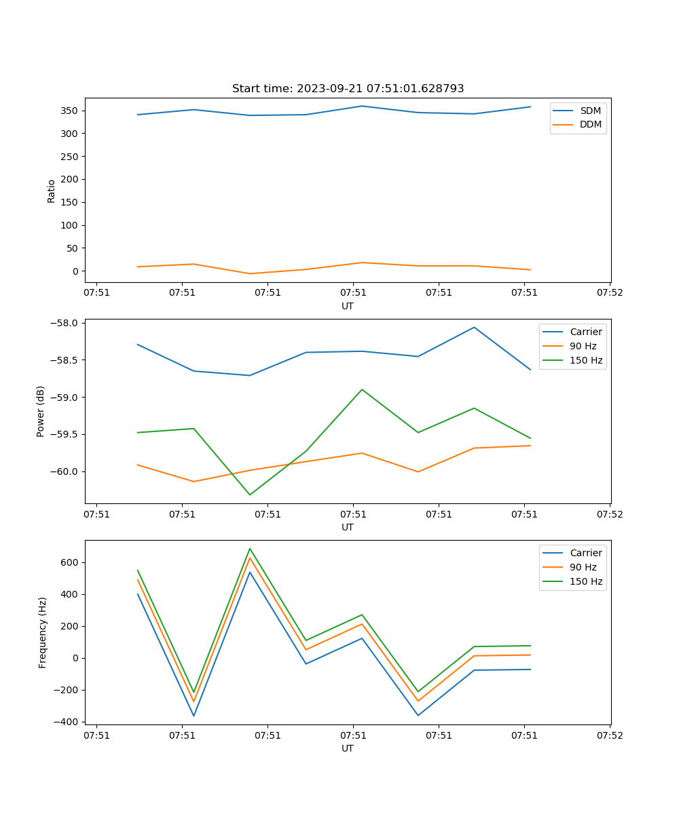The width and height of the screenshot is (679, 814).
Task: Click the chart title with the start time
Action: (348, 89)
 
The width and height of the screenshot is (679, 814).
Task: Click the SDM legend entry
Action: (590, 111)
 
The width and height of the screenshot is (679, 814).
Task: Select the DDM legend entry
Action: (590, 124)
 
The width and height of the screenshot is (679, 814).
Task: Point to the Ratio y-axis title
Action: (52, 191)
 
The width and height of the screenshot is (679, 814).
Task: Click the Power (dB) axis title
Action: (41, 411)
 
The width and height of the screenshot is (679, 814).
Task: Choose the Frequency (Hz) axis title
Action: (42, 632)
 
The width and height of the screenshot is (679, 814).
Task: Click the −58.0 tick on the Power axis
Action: (65, 323)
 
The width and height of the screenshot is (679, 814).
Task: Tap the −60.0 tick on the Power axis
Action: (65, 471)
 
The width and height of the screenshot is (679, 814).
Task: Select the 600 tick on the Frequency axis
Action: (71, 562)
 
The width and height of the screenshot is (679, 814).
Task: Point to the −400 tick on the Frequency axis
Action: (67, 722)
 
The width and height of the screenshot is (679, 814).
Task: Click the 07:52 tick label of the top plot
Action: (609, 293)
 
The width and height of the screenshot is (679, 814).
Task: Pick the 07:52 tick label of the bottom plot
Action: (609, 735)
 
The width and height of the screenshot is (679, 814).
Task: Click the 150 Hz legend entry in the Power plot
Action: (586, 360)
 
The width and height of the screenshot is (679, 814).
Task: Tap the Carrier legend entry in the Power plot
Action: (586, 332)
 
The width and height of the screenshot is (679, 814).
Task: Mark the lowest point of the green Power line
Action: (250, 495)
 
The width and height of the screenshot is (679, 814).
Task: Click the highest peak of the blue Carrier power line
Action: (474, 328)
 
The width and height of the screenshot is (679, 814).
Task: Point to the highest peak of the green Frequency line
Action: (250, 549)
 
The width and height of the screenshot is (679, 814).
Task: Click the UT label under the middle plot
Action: (348, 527)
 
